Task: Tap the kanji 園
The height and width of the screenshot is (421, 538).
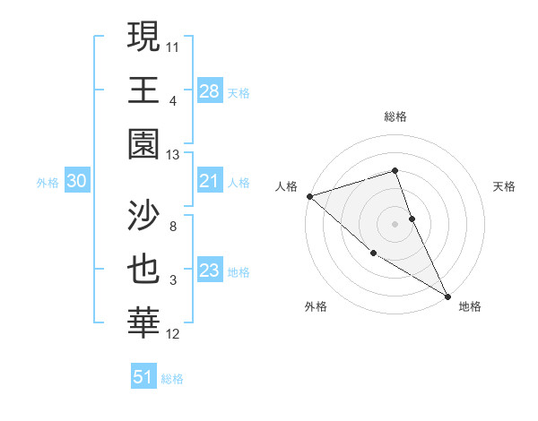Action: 144,145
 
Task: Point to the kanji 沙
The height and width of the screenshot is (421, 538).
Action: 144,215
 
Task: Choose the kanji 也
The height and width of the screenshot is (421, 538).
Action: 144,271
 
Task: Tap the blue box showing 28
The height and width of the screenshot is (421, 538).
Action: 210,90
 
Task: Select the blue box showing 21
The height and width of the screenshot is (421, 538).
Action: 210,182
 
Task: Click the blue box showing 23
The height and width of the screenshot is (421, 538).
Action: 210,271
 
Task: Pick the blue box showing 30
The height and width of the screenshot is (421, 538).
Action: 76,182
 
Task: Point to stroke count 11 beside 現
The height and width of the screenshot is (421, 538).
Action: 173,44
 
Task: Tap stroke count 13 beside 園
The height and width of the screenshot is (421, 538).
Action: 173,155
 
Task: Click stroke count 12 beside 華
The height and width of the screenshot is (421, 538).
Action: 173,334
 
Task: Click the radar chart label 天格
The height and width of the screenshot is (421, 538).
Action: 504,186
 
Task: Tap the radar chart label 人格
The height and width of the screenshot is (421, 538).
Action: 286,186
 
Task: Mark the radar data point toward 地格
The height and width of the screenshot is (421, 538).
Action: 447,295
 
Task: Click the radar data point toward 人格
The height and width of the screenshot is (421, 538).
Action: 309,195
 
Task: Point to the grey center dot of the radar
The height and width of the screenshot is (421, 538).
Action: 395,223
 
